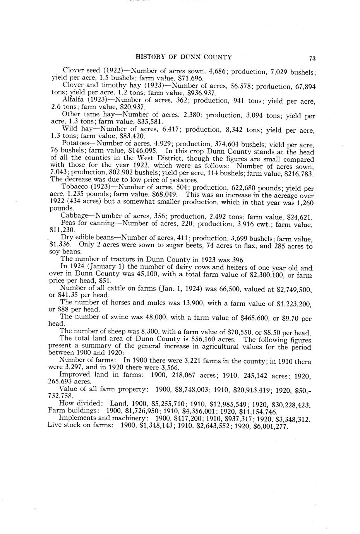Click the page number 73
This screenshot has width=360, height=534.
[312, 58]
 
